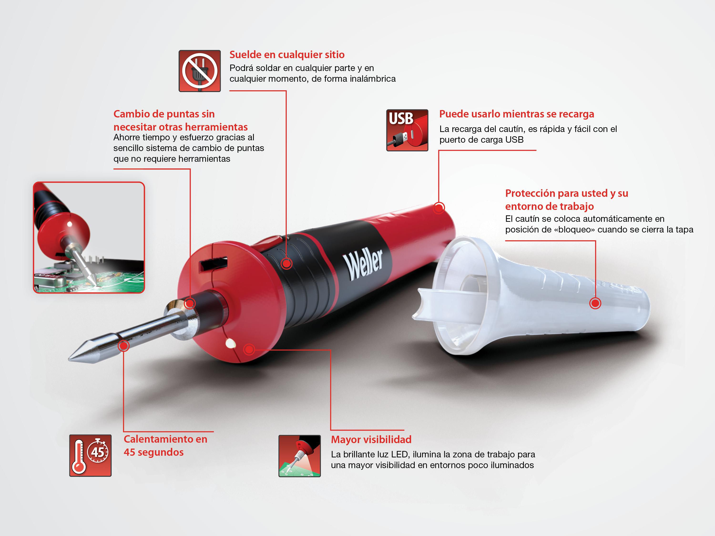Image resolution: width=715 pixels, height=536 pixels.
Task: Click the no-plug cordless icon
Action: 200,71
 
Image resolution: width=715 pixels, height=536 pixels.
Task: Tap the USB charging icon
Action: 407,130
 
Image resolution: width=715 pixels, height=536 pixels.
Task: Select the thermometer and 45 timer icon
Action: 91,455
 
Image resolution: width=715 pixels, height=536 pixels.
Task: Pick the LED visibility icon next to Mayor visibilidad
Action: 300,456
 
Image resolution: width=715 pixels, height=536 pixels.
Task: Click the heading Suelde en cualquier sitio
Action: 287,55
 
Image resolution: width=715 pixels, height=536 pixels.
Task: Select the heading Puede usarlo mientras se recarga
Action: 516,114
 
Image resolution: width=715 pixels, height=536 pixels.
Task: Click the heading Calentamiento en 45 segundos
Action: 165,445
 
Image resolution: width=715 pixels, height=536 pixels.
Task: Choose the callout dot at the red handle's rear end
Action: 439,208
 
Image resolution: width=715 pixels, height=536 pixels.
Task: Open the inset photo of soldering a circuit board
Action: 89,238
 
